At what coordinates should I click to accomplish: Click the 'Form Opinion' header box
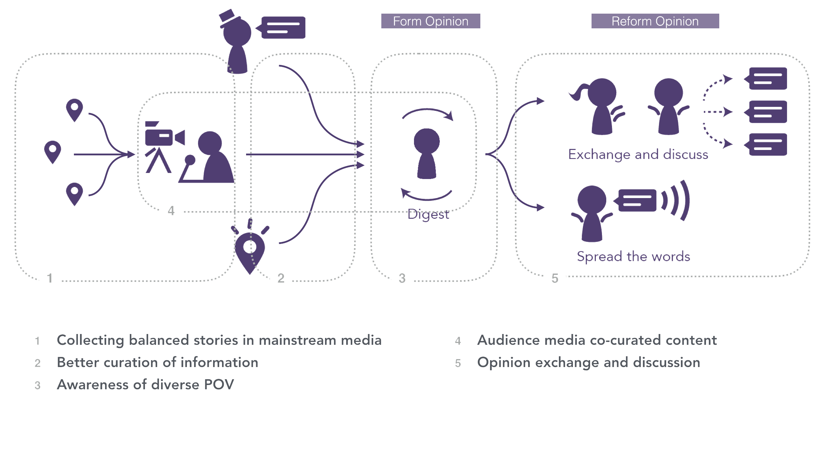(x=430, y=21)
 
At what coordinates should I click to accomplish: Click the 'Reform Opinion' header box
(x=655, y=21)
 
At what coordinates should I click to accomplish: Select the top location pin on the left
(x=75, y=109)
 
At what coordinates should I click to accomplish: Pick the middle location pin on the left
(x=53, y=151)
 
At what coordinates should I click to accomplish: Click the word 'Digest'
(x=428, y=215)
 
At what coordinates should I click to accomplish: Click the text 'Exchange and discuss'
(x=638, y=155)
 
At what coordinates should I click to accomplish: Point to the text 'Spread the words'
(x=633, y=257)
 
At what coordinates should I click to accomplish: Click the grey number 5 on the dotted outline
(x=555, y=278)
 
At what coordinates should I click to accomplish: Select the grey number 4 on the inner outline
(x=171, y=211)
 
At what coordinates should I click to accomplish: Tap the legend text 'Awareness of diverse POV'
(x=145, y=385)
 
